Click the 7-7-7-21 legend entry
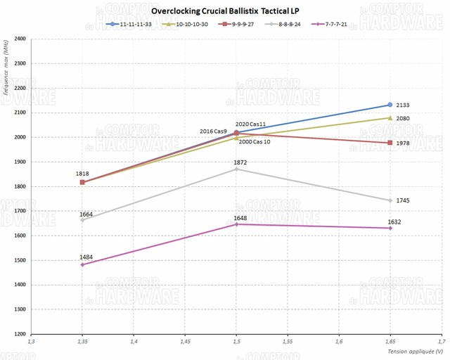pyautogui.click(x=331, y=24)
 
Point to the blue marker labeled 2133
pyautogui.click(x=390, y=105)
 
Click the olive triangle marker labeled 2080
pyautogui.click(x=390, y=118)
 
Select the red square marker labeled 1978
pyautogui.click(x=390, y=143)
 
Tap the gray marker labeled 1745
pyautogui.click(x=390, y=200)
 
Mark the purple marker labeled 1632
pyautogui.click(x=390, y=228)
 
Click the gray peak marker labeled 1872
pyautogui.click(x=236, y=169)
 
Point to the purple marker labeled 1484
pyautogui.click(x=83, y=264)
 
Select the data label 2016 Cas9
pyautogui.click(x=214, y=131)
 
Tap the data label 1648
pyautogui.click(x=240, y=218)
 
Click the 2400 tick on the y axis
pyautogui.click(x=19, y=39)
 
